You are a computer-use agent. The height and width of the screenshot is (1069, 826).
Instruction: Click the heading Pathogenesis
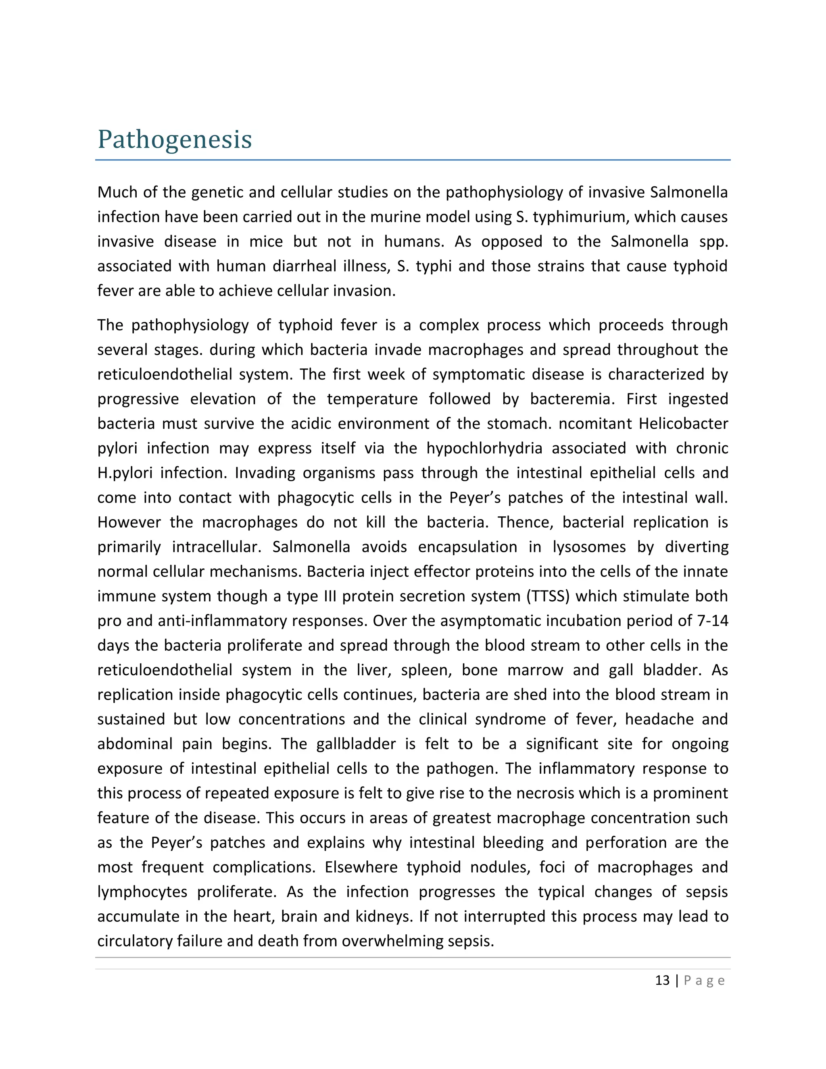pyautogui.click(x=175, y=140)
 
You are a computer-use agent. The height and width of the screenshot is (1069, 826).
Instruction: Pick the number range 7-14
pyautogui.click(x=711, y=621)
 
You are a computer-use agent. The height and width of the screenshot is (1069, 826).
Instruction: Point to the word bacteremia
pyautogui.click(x=571, y=399)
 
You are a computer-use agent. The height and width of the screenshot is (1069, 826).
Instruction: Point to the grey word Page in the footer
pyautogui.click(x=704, y=981)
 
